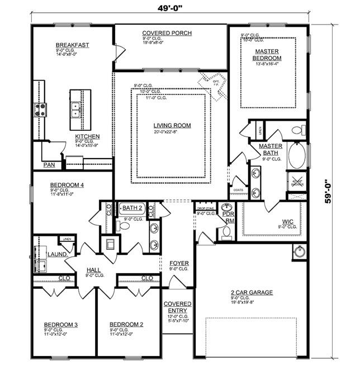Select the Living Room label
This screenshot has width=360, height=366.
(172, 126)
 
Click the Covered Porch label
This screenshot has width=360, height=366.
(167, 33)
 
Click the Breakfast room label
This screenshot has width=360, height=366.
(73, 45)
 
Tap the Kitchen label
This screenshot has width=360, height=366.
(87, 136)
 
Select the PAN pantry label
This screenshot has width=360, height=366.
(50, 165)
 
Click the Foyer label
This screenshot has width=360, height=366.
(179, 263)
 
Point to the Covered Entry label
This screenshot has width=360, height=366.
(177, 307)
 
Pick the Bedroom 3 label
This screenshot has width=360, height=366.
(60, 325)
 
